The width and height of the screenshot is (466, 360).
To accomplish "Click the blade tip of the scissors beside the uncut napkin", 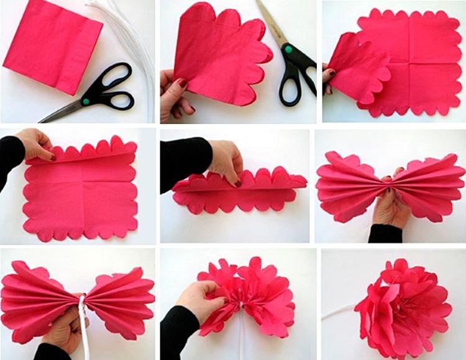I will coord(43,119).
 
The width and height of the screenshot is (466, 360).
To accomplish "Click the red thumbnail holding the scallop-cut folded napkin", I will coord(183,83).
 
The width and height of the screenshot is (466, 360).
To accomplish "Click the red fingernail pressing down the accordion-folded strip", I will coord(237,183).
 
